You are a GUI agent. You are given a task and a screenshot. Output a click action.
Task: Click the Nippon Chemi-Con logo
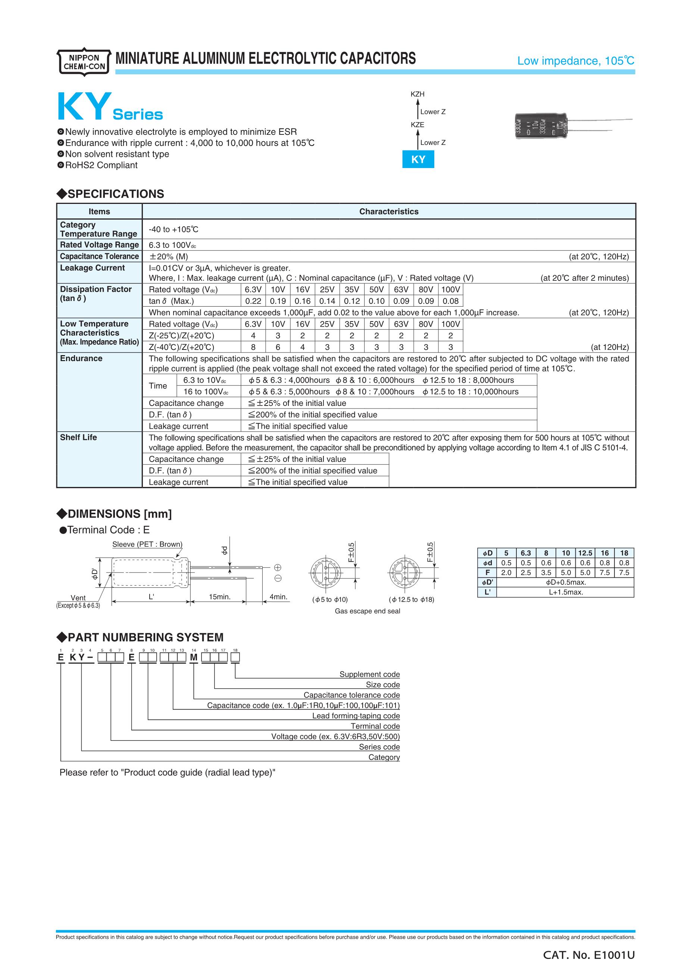(84, 62)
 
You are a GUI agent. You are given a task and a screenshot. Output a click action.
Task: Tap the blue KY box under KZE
(418, 159)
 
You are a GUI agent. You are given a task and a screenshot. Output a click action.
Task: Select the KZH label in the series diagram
(418, 94)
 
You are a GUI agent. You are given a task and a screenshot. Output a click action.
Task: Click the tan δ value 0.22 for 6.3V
(253, 301)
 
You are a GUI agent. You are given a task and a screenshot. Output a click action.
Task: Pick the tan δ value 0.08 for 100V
(451, 301)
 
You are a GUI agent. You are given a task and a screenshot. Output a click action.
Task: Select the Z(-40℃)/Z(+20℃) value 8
(253, 347)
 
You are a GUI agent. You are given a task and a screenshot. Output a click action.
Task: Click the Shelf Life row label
(79, 437)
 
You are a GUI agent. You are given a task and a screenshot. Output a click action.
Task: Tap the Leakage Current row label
(92, 268)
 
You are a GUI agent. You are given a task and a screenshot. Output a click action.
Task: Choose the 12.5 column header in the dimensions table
(585, 553)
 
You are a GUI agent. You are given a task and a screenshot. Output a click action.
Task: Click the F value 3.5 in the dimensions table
(546, 573)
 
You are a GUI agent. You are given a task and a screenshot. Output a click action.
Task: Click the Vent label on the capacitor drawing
(78, 598)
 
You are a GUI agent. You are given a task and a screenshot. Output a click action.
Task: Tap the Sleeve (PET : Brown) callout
(147, 544)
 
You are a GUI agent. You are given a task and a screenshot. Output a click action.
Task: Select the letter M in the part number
(194, 658)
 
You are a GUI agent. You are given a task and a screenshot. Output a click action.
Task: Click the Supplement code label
(369, 674)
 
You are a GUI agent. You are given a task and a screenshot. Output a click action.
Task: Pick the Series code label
(379, 747)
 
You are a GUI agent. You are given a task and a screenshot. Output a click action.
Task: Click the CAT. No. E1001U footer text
(589, 956)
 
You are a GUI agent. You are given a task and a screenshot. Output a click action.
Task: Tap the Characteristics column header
(388, 212)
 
